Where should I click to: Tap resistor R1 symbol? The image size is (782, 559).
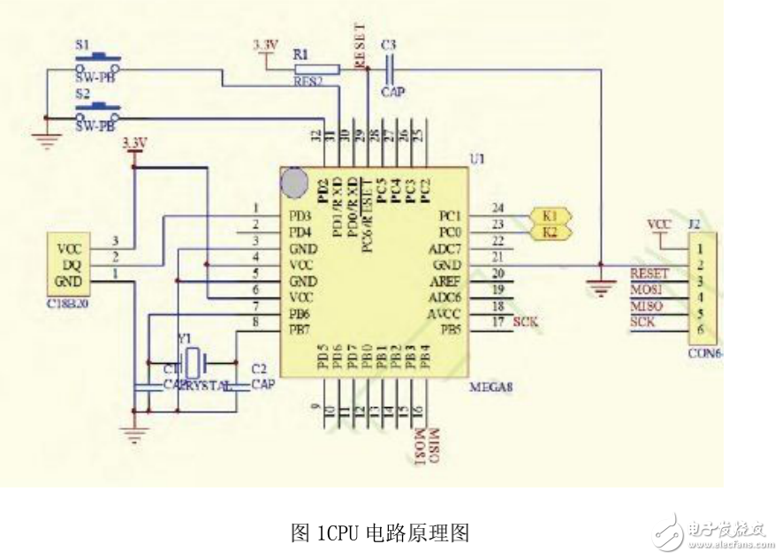[316, 68]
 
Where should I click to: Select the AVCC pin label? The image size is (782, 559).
[442, 313]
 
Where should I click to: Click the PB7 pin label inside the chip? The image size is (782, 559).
[300, 329]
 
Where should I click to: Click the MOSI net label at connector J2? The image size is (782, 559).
[643, 290]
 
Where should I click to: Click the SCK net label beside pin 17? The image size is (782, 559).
[526, 322]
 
